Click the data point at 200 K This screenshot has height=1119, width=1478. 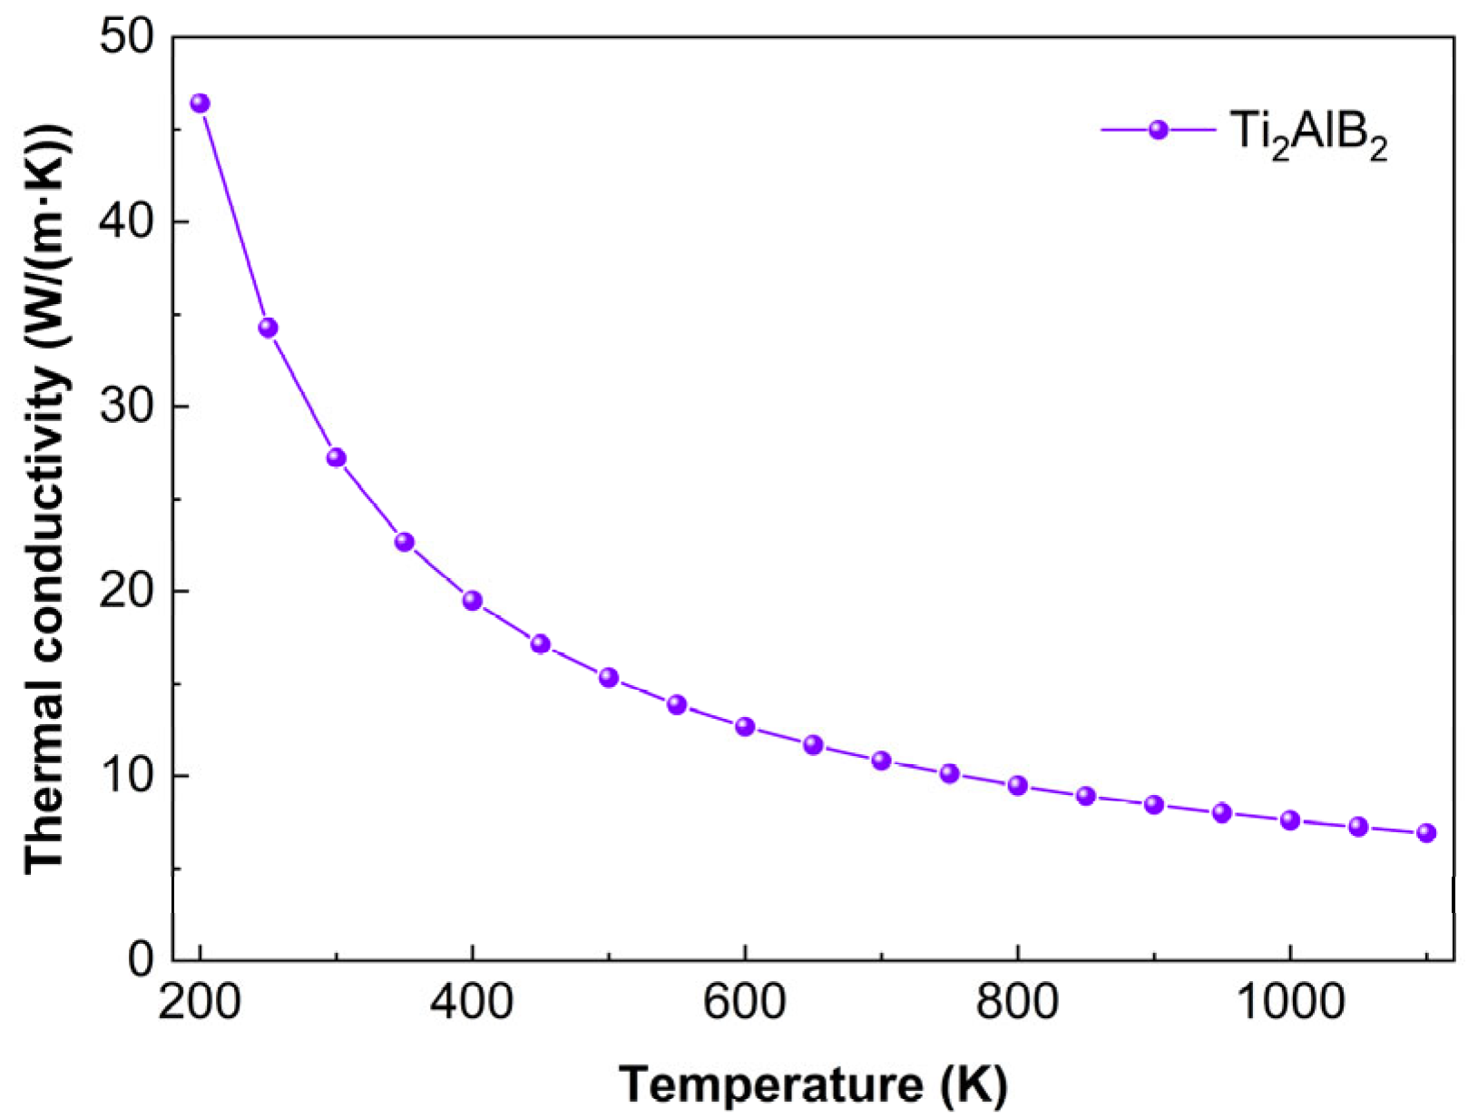click(200, 103)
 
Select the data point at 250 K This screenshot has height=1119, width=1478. click(268, 328)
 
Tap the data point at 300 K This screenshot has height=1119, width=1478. click(336, 457)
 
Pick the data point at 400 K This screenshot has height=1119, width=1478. click(472, 601)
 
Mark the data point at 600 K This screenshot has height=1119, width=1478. click(745, 727)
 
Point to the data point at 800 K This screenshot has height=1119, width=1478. click(1017, 786)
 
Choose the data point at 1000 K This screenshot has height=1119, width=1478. click(1289, 820)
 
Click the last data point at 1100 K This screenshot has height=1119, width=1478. click(1425, 833)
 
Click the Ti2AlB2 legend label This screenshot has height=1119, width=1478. click(1307, 134)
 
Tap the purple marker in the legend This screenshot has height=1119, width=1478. click(1158, 130)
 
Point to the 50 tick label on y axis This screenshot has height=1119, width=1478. click(127, 38)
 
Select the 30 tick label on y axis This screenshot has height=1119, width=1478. click(127, 407)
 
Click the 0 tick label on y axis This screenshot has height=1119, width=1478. click(141, 958)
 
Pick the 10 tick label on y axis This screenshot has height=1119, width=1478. click(127, 776)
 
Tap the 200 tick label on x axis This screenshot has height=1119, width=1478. click(200, 1003)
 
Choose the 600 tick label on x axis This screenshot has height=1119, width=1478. click(745, 1003)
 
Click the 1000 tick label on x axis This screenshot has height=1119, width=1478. click(1289, 1003)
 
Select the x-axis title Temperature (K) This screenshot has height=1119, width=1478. click(813, 1085)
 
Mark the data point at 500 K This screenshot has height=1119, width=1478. click(608, 678)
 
